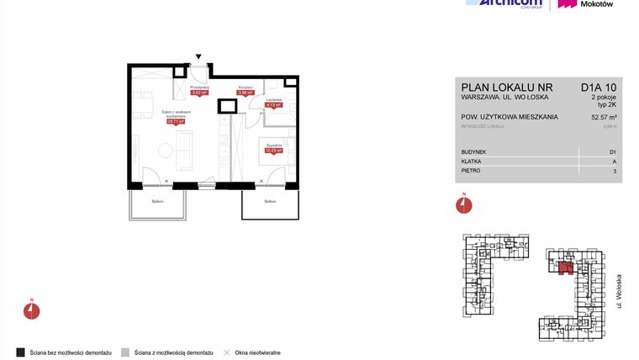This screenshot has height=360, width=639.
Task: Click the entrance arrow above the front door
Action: (x=198, y=51)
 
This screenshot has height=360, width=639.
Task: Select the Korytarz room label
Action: (x=246, y=87)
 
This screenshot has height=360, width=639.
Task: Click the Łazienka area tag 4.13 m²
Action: (x=273, y=106)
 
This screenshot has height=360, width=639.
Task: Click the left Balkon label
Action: (x=157, y=201)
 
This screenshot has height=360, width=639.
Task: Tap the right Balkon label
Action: (x=269, y=201)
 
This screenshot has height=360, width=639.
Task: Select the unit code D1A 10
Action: (x=599, y=86)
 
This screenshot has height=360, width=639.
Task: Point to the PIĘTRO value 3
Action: (x=615, y=171)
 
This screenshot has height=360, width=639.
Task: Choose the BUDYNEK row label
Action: (x=475, y=151)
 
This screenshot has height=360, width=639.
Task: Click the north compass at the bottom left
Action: (x=31, y=309)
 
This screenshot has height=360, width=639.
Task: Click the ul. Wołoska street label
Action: (x=619, y=291)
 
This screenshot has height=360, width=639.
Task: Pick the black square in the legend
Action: (x=20, y=352)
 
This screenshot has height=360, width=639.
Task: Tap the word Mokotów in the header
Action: (x=597, y=4)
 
